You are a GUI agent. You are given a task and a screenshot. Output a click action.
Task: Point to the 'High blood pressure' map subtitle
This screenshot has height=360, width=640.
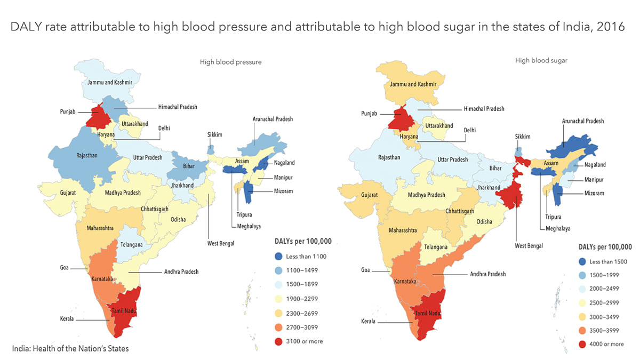point(230,62)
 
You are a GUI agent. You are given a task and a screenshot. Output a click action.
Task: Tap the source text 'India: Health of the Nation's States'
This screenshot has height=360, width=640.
point(70,349)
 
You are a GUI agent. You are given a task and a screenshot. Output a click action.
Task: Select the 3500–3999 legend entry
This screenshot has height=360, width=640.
point(605,330)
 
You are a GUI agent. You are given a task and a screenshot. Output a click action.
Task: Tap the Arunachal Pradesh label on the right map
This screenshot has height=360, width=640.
point(583,121)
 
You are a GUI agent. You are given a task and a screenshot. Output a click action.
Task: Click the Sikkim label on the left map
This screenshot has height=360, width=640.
point(214,135)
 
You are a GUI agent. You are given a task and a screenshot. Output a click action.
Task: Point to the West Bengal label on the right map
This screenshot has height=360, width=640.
point(529,245)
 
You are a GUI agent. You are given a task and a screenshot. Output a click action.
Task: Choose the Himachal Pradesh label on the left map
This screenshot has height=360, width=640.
point(178,107)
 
